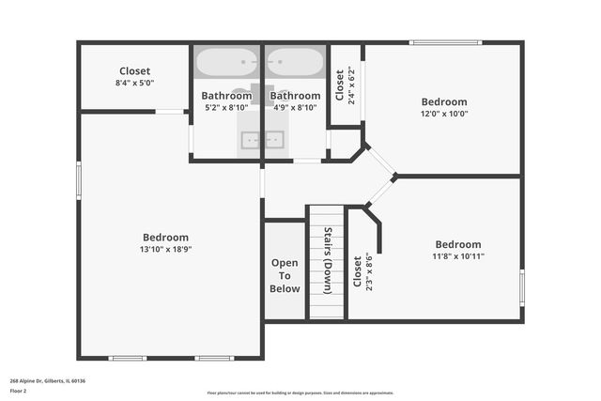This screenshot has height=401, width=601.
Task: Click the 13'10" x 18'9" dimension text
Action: (x=165, y=250)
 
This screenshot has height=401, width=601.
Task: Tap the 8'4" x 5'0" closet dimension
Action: (x=134, y=83)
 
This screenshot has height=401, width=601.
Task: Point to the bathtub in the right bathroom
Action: (x=295, y=62)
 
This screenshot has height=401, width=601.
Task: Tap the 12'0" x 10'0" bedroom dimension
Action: (x=444, y=114)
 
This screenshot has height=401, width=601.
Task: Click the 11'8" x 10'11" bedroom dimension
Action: (x=458, y=256)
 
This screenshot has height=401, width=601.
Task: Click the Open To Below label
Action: (x=285, y=276)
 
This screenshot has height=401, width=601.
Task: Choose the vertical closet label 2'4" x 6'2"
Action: (x=346, y=85)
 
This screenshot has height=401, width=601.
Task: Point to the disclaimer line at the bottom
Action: (x=300, y=393)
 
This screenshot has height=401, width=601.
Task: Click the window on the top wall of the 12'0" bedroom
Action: (x=444, y=42)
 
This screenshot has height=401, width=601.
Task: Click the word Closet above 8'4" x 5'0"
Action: (x=134, y=71)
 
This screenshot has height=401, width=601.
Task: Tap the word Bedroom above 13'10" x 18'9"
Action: (x=165, y=238)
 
